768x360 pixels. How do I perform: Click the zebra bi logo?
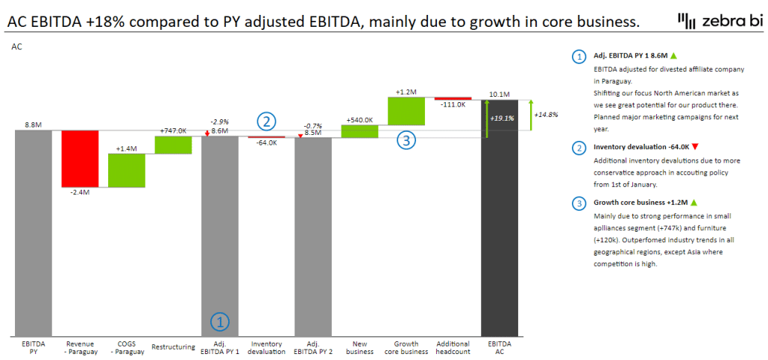point(719,22)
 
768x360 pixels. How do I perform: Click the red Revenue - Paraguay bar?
point(80,158)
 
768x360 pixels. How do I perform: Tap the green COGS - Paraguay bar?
point(126,170)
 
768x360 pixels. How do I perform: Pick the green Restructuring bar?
point(173,145)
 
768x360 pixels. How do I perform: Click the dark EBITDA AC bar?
point(500,216)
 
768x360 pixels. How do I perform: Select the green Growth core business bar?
point(406,111)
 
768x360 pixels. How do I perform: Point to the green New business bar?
point(359,131)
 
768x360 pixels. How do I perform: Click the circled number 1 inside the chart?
point(220,322)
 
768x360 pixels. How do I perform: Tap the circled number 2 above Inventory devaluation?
point(267,121)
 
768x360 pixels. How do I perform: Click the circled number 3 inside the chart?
point(405,139)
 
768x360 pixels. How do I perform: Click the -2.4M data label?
point(80,192)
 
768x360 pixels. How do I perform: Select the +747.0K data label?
point(173,130)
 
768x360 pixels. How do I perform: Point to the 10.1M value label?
point(500,95)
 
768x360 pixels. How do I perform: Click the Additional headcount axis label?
point(453,347)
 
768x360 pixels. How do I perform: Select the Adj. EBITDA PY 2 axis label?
point(313,347)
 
